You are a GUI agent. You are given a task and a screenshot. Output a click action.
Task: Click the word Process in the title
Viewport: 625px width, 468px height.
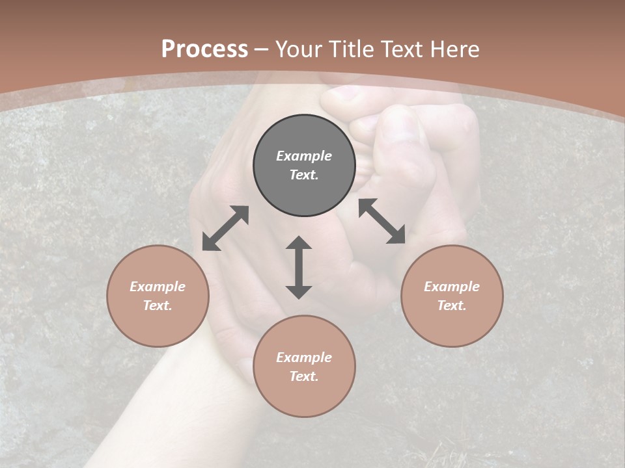[x=204, y=49]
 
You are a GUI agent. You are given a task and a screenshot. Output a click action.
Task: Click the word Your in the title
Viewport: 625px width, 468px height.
[x=300, y=49]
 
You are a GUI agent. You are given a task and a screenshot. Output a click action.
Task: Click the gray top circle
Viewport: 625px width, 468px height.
[x=304, y=166]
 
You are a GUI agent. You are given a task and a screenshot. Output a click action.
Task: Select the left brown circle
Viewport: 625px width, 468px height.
[x=158, y=296]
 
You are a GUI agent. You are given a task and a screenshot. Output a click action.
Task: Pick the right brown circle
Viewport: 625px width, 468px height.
[x=452, y=296]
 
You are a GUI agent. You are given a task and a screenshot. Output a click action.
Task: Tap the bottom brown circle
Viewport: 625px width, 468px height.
[x=304, y=367]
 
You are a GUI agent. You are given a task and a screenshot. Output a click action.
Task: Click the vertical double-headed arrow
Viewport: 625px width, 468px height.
[x=299, y=267]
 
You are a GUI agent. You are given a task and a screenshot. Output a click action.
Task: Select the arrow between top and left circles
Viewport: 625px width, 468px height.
[x=225, y=228]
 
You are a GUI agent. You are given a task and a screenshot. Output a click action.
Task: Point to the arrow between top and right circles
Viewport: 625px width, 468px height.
[x=382, y=221]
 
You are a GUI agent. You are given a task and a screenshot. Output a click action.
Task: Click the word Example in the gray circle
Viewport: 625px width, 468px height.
[x=304, y=156]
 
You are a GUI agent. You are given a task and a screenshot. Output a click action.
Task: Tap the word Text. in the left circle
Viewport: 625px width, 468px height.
[x=158, y=305]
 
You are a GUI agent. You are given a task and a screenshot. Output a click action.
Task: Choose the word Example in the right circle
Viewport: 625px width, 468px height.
[x=452, y=287]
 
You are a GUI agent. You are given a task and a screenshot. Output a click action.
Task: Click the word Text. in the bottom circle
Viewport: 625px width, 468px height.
[x=304, y=376]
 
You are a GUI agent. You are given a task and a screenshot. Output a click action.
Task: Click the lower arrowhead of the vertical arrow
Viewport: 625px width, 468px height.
[x=299, y=291]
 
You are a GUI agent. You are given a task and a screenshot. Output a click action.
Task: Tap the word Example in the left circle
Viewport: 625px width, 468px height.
[x=158, y=287]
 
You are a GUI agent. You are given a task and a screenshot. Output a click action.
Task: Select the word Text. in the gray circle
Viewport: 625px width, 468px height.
[x=304, y=175]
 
